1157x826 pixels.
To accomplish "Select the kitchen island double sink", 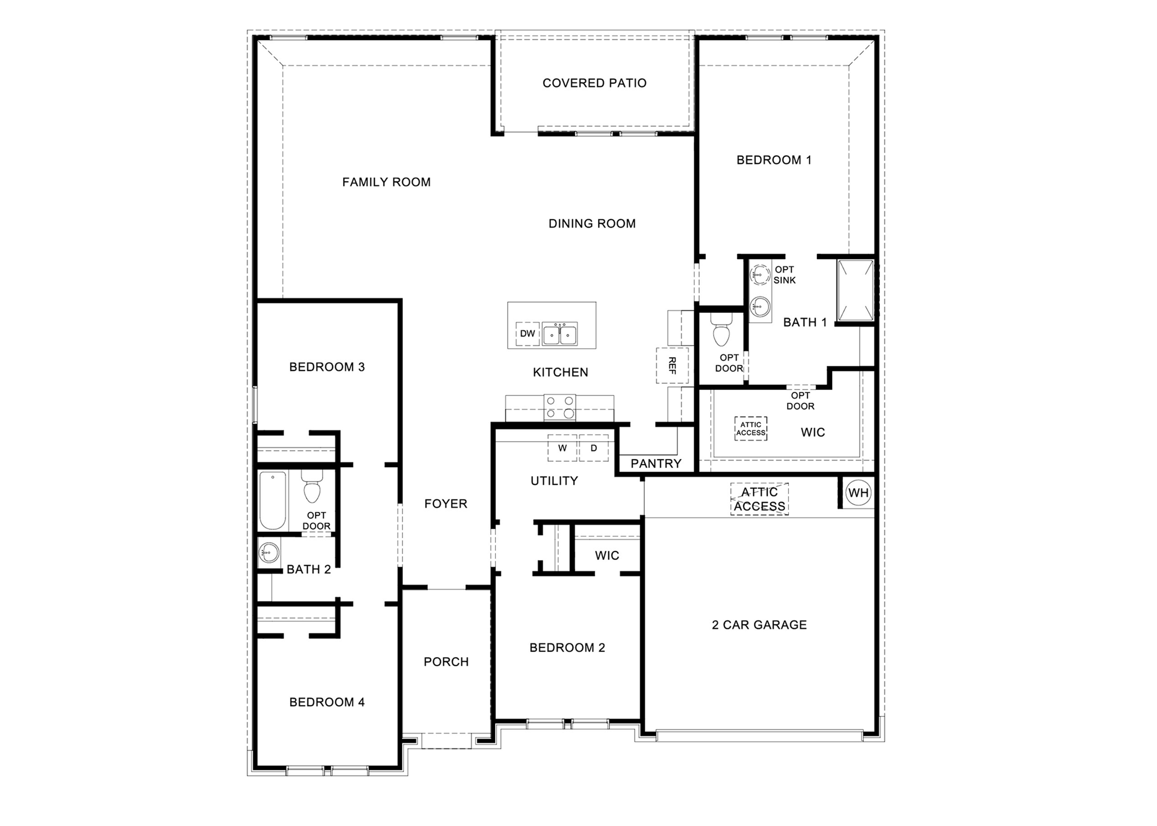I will point(560,334).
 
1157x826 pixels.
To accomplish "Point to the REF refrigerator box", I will point(672,365).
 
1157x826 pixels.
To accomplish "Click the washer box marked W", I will point(562,448).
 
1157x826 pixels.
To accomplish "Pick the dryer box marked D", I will point(594,448).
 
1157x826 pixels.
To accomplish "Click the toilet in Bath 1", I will point(721,331).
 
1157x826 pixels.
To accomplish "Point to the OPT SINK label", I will point(785,275).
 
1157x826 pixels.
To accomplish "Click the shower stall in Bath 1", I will point(856,290).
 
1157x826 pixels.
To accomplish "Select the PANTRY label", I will point(656,463).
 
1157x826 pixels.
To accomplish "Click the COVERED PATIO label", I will point(594,83).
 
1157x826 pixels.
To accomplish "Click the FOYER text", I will point(446,504).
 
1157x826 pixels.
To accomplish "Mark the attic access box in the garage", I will point(759,499).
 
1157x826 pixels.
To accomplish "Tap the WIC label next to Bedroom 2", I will point(607,555).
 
